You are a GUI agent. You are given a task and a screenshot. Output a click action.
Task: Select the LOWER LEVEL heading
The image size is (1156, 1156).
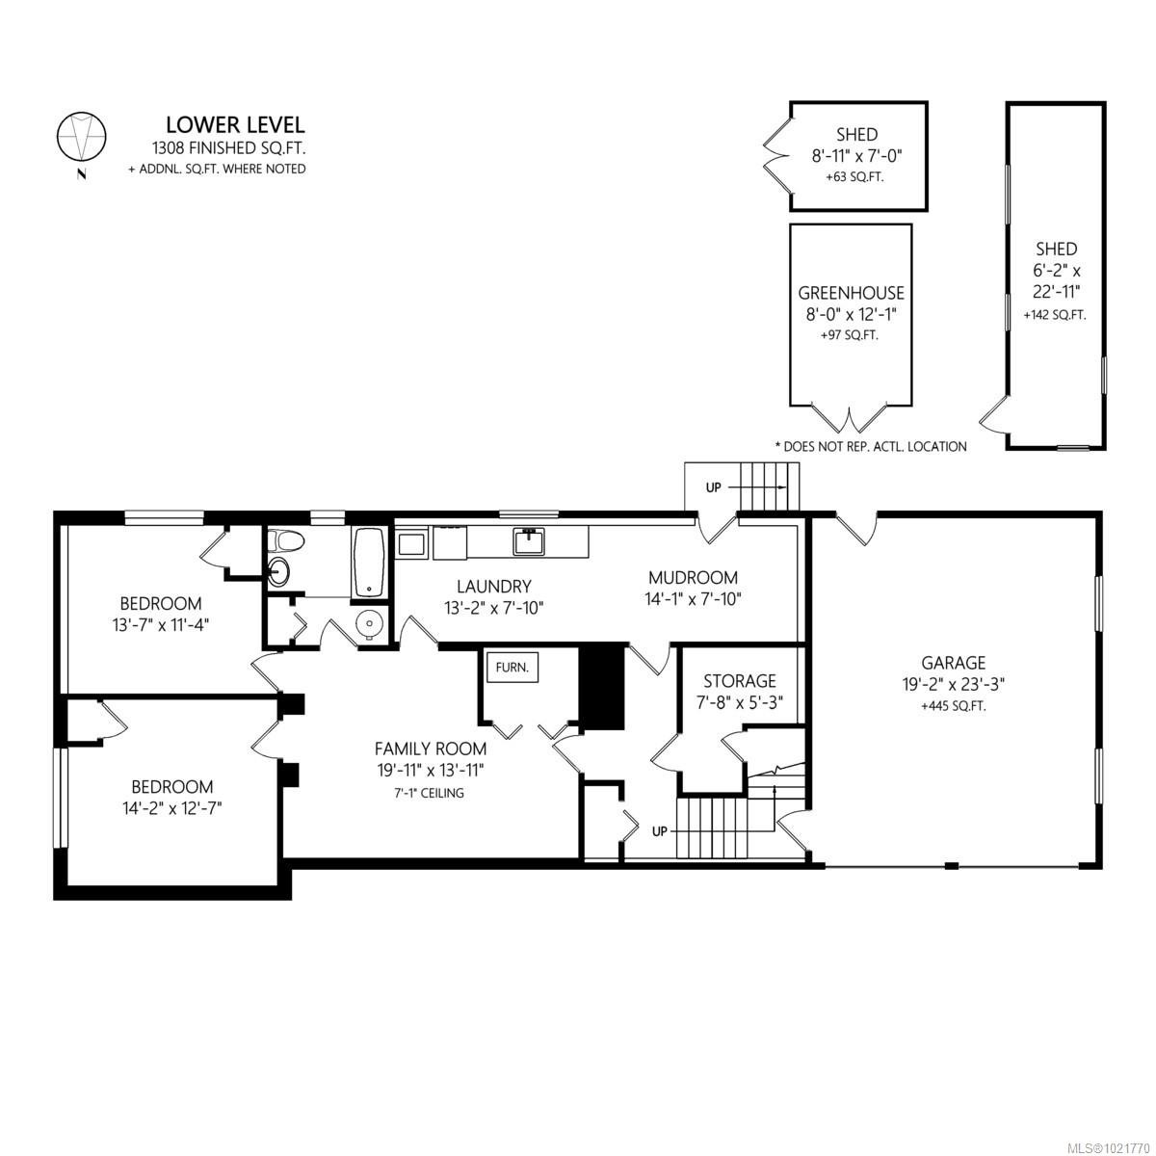(235, 124)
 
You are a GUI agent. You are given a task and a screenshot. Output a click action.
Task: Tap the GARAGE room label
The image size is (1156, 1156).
(953, 663)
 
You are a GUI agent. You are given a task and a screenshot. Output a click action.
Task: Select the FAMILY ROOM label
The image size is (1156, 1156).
(431, 749)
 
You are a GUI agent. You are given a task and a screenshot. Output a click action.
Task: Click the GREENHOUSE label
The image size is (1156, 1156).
(851, 294)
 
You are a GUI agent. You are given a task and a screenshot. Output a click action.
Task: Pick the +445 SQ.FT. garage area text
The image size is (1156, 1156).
(953, 705)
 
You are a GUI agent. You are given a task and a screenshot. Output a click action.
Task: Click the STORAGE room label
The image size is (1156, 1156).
(739, 681)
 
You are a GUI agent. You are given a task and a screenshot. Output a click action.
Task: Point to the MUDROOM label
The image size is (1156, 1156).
(693, 578)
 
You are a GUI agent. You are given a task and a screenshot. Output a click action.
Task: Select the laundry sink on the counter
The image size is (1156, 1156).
(528, 542)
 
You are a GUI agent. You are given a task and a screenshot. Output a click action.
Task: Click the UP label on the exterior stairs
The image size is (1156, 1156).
(713, 487)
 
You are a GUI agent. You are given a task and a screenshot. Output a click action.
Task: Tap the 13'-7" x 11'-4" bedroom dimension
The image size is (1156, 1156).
(161, 624)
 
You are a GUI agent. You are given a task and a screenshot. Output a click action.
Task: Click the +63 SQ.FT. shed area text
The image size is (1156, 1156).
(854, 177)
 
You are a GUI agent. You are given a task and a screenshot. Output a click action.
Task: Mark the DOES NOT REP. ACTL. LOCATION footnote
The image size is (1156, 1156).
(870, 446)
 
